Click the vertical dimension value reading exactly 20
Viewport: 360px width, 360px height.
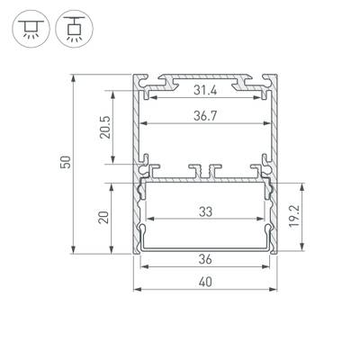(104, 217)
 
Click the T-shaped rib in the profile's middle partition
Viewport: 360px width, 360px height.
(205, 168)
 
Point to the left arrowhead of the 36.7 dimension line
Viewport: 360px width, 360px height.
(144, 123)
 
